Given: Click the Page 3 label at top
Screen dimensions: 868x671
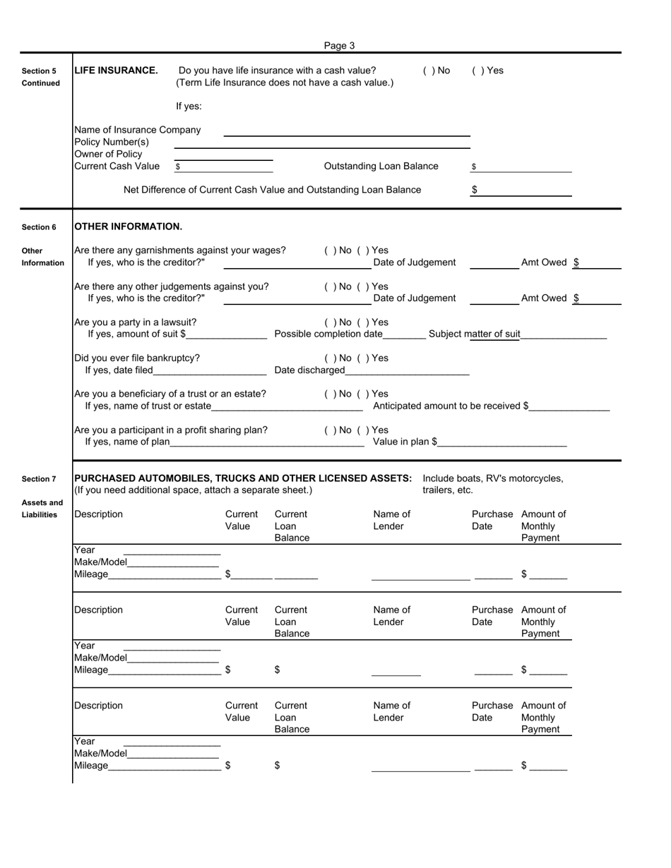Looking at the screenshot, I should click(x=339, y=46).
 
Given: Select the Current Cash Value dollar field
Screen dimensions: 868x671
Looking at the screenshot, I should click(x=225, y=167).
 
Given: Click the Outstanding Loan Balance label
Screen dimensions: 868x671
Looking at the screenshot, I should click(x=381, y=167).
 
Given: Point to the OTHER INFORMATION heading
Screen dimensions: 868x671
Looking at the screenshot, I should click(x=128, y=227).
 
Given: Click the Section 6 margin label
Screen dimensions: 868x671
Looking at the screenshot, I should click(x=39, y=227).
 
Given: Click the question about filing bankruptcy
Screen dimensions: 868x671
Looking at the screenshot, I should click(x=137, y=358).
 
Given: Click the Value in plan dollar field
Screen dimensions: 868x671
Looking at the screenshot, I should click(x=502, y=443).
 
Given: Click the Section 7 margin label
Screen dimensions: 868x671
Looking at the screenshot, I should click(x=39, y=480).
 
